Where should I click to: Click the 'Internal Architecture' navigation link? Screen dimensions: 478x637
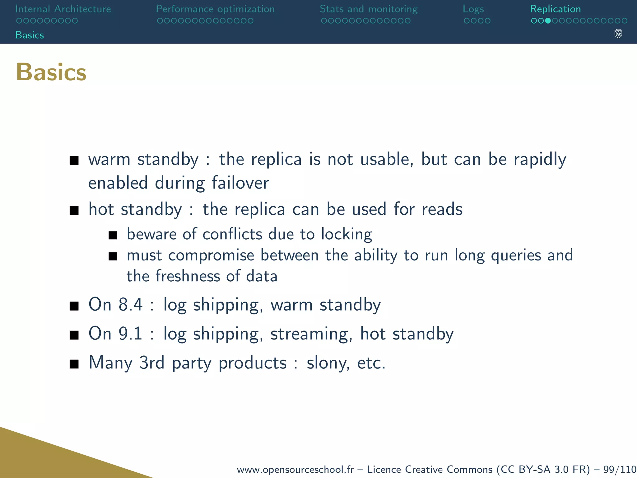(63, 9)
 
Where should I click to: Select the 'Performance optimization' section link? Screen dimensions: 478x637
(215, 9)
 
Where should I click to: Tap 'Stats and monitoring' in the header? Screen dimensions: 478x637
(369, 9)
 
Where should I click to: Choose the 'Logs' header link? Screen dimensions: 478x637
(473, 9)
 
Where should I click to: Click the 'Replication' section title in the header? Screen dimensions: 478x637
(555, 9)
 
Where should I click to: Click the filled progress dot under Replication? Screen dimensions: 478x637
(548, 21)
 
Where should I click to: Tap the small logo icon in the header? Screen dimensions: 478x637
(618, 34)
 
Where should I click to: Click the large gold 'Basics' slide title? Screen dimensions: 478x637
(51, 72)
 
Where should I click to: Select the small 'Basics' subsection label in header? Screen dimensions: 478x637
(30, 35)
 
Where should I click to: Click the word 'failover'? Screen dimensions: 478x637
(240, 183)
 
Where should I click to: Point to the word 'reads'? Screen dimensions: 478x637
(442, 209)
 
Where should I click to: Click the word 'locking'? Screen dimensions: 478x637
(346, 234)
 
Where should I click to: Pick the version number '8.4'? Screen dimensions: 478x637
(131, 304)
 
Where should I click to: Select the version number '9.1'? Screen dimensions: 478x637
(131, 334)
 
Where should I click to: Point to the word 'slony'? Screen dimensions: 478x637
(328, 363)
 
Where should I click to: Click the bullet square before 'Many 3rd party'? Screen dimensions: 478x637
(74, 363)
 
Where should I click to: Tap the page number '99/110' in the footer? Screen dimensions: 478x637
(620, 469)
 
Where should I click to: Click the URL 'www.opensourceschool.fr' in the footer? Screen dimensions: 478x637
(295, 469)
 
